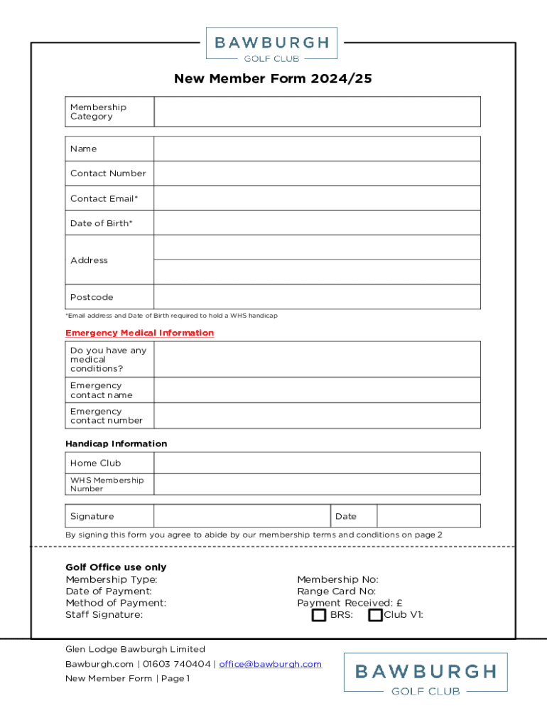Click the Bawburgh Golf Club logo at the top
tap(271, 43)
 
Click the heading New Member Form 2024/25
tap(273, 79)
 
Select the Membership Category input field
tap(317, 112)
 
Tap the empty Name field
tap(317, 149)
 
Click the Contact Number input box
tap(317, 173)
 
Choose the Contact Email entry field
tap(317, 198)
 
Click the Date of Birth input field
tap(317, 223)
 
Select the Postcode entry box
tap(317, 297)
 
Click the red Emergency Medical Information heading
tap(139, 333)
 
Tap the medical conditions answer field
tap(317, 359)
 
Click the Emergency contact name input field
tap(317, 390)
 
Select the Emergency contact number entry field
tap(317, 416)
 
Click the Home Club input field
tap(317, 463)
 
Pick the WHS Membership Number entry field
tap(317, 484)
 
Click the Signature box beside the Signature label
tap(242, 516)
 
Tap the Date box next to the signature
tap(428, 516)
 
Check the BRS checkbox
tap(320, 615)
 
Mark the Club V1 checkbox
tap(375, 615)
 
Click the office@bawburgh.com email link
tap(270, 664)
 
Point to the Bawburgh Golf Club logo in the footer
tap(426, 673)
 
